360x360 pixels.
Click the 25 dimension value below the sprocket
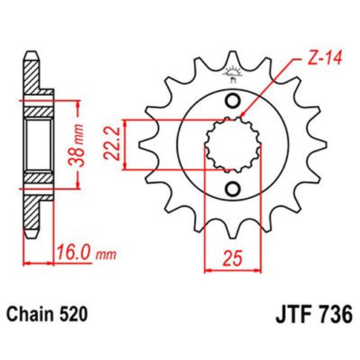point(231,261)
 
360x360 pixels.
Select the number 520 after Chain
point(76,315)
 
